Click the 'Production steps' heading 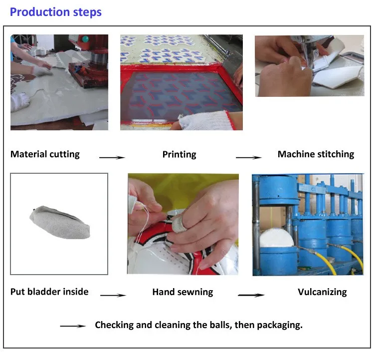pyautogui.click(x=55, y=12)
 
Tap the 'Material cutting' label pyautogui.click(x=45, y=154)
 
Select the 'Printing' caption pyautogui.click(x=179, y=154)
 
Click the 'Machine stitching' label pyautogui.click(x=316, y=154)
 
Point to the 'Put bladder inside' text pyautogui.click(x=49, y=292)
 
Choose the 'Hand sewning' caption pyautogui.click(x=183, y=292)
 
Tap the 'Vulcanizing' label pyautogui.click(x=322, y=292)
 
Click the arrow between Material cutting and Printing pyautogui.click(x=112, y=158)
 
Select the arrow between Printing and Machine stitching pyautogui.click(x=248, y=158)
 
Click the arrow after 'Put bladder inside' pyautogui.click(x=113, y=295)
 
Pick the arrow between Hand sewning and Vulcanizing pyautogui.click(x=251, y=295)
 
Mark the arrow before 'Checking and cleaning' pyautogui.click(x=72, y=327)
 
